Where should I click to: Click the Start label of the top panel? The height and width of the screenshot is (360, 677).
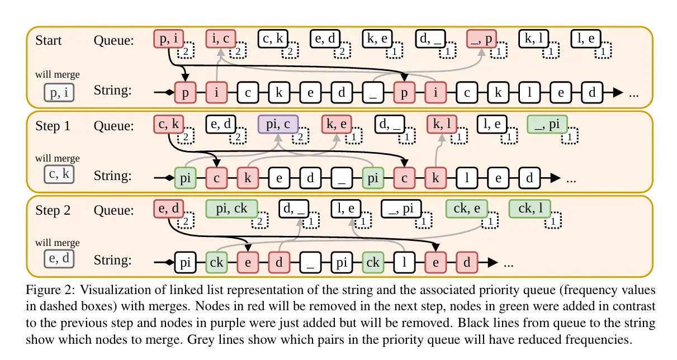click(49, 41)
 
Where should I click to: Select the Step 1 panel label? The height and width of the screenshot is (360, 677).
click(53, 126)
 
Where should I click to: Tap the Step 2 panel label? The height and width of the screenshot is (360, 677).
click(53, 211)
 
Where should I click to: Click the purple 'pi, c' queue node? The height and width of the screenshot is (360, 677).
click(278, 125)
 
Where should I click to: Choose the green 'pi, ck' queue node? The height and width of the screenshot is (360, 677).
click(231, 209)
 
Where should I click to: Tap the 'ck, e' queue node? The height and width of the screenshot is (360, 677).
click(466, 209)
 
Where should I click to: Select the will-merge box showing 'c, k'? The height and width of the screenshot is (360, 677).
click(59, 175)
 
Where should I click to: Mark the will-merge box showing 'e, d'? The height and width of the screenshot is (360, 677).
click(59, 259)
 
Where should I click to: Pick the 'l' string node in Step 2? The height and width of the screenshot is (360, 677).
click(404, 262)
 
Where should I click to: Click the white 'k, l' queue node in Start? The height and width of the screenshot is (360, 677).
click(534, 39)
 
